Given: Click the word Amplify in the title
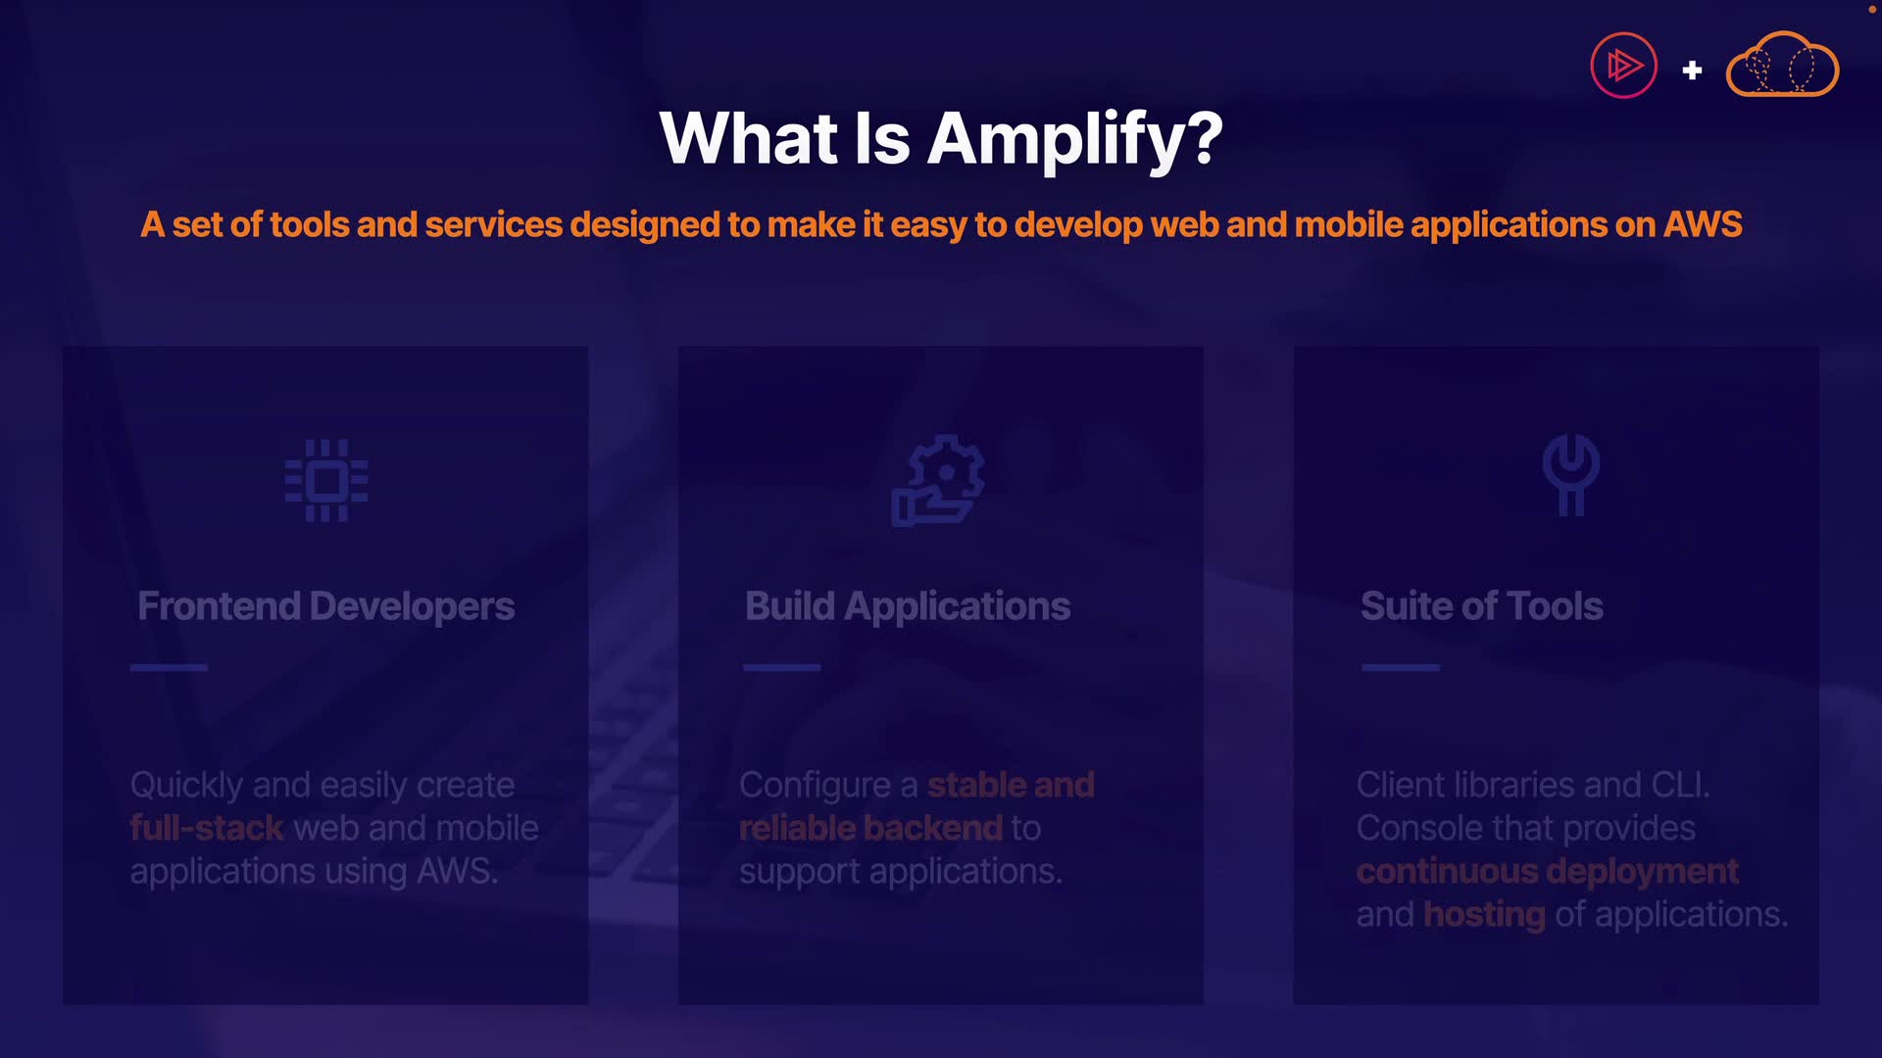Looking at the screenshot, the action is click(1075, 140).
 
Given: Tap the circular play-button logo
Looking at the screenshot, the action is click(1623, 66).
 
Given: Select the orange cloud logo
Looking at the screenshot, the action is click(1782, 65).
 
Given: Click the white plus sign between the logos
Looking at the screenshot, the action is click(1692, 71).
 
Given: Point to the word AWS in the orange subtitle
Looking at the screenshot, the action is click(1703, 224).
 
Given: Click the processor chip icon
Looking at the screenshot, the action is click(326, 480).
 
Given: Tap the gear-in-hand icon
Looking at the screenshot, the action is click(938, 480).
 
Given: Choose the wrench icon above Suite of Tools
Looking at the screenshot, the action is click(1571, 474).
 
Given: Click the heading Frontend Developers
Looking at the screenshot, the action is click(326, 606).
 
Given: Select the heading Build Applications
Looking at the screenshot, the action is click(908, 606).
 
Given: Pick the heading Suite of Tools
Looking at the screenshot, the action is click(1482, 606).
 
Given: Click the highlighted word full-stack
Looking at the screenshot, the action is click(207, 828).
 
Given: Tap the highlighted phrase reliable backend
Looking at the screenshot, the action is click(871, 828).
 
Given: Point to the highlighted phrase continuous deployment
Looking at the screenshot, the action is click(1548, 871).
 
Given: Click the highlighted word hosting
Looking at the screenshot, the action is click(1484, 915).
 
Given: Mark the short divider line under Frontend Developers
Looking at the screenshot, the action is click(169, 667).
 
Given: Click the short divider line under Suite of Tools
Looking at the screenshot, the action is click(1401, 667).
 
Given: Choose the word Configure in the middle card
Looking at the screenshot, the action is click(816, 786).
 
